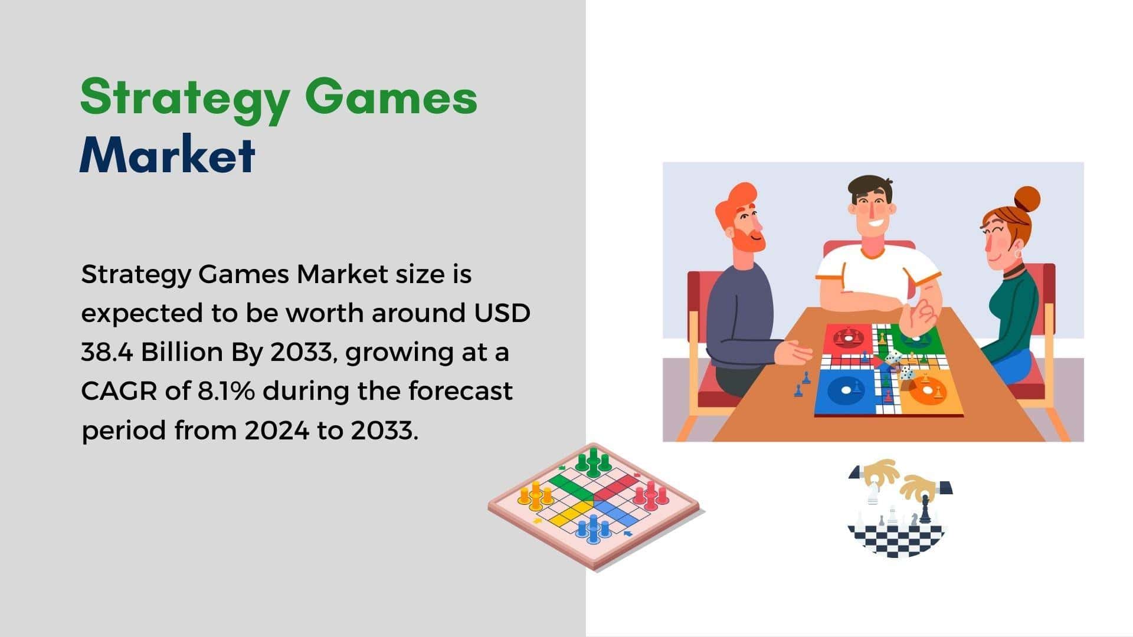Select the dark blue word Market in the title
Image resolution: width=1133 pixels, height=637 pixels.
[168, 154]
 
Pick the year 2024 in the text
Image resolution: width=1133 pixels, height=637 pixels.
[277, 431]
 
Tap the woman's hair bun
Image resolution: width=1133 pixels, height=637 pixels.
[1027, 199]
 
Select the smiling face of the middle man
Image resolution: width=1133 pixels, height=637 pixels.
[872, 215]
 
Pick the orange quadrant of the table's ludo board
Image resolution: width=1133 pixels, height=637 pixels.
[929, 392]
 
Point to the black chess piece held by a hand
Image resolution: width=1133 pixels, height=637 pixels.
[925, 510]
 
